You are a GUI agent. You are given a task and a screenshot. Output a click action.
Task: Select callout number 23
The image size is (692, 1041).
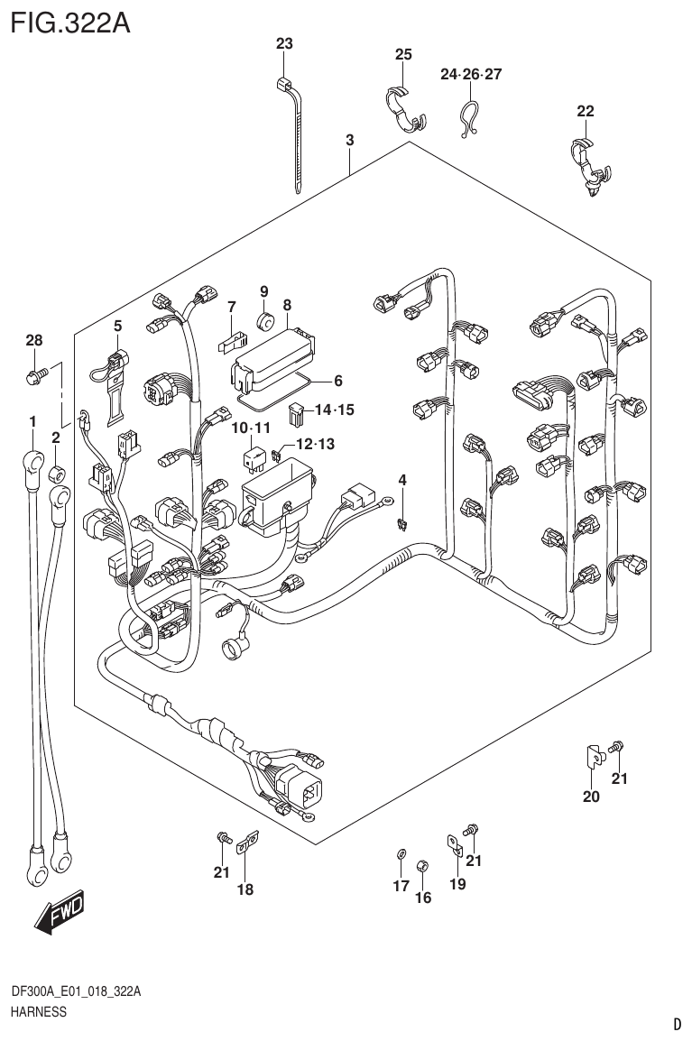tap(284, 44)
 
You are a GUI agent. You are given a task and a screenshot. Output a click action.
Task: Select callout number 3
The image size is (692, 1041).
tap(349, 140)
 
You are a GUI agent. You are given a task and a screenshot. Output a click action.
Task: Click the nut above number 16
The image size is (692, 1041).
tap(421, 866)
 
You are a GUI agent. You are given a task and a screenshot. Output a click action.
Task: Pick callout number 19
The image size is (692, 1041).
tap(457, 885)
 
